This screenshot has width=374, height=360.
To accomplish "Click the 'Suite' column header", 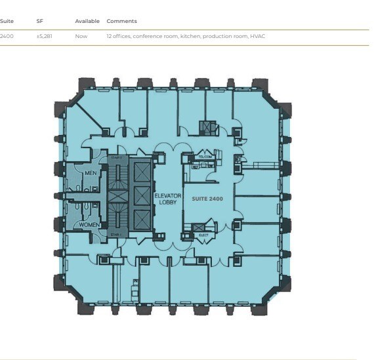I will tap(7, 21).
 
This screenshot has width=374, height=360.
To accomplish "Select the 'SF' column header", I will tap(39, 21).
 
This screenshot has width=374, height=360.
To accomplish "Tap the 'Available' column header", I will tap(87, 21).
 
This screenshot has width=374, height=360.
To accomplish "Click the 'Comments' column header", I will tap(121, 21).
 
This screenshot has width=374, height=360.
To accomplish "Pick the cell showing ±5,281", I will tap(45, 36).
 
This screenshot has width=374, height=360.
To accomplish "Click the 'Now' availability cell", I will tap(81, 36).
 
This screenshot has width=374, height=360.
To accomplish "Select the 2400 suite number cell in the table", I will tap(7, 36).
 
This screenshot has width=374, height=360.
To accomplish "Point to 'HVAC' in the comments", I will tap(257, 36).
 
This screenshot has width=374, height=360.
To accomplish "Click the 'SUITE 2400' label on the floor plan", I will tap(208, 197).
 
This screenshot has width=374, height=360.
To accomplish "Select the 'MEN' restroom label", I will tap(91, 173).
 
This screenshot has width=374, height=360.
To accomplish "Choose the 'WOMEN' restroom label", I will tap(89, 224).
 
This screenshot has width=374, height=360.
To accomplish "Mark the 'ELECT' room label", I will tap(203, 234).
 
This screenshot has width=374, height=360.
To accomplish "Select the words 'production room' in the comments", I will tap(224, 36).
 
